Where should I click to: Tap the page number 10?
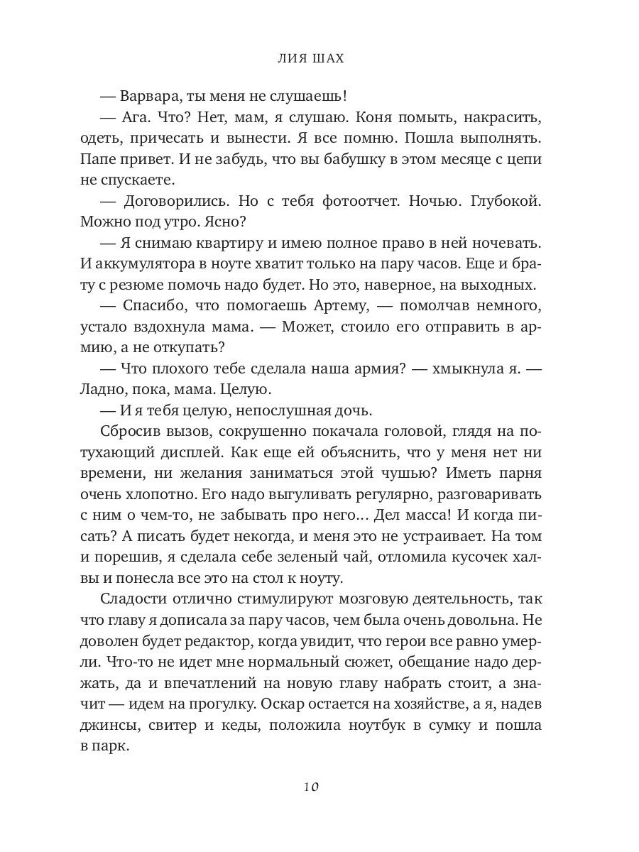pyautogui.click(x=310, y=786)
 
